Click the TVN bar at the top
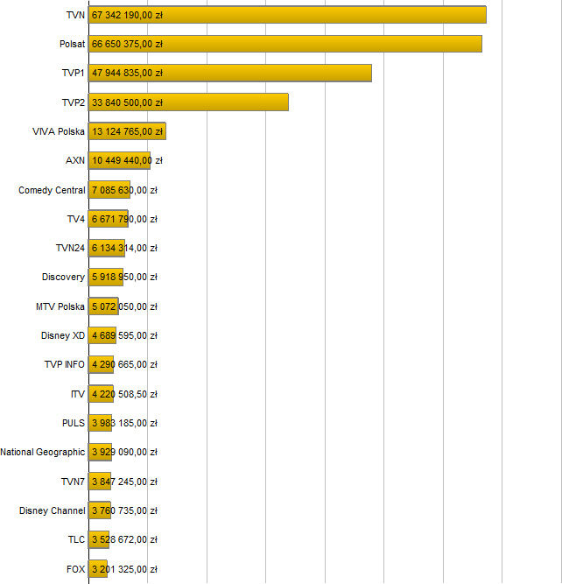tap(287, 15)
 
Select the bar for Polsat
tap(285, 44)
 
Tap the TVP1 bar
tap(229, 73)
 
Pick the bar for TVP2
tap(188, 102)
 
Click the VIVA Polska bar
tap(127, 131)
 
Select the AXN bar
tap(119, 160)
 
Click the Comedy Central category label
tap(52, 190)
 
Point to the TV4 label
tap(75, 219)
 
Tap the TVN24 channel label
tap(70, 248)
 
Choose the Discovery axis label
tap(63, 278)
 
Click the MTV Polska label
tap(60, 306)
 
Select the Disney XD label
tap(63, 335)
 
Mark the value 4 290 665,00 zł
tap(124, 365)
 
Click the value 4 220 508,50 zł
tap(124, 394)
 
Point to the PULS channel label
tap(74, 423)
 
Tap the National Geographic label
tap(43, 453)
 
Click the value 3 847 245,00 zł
tap(124, 482)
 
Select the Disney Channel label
tap(53, 510)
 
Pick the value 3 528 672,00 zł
tap(124, 539)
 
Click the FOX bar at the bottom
tap(98, 569)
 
